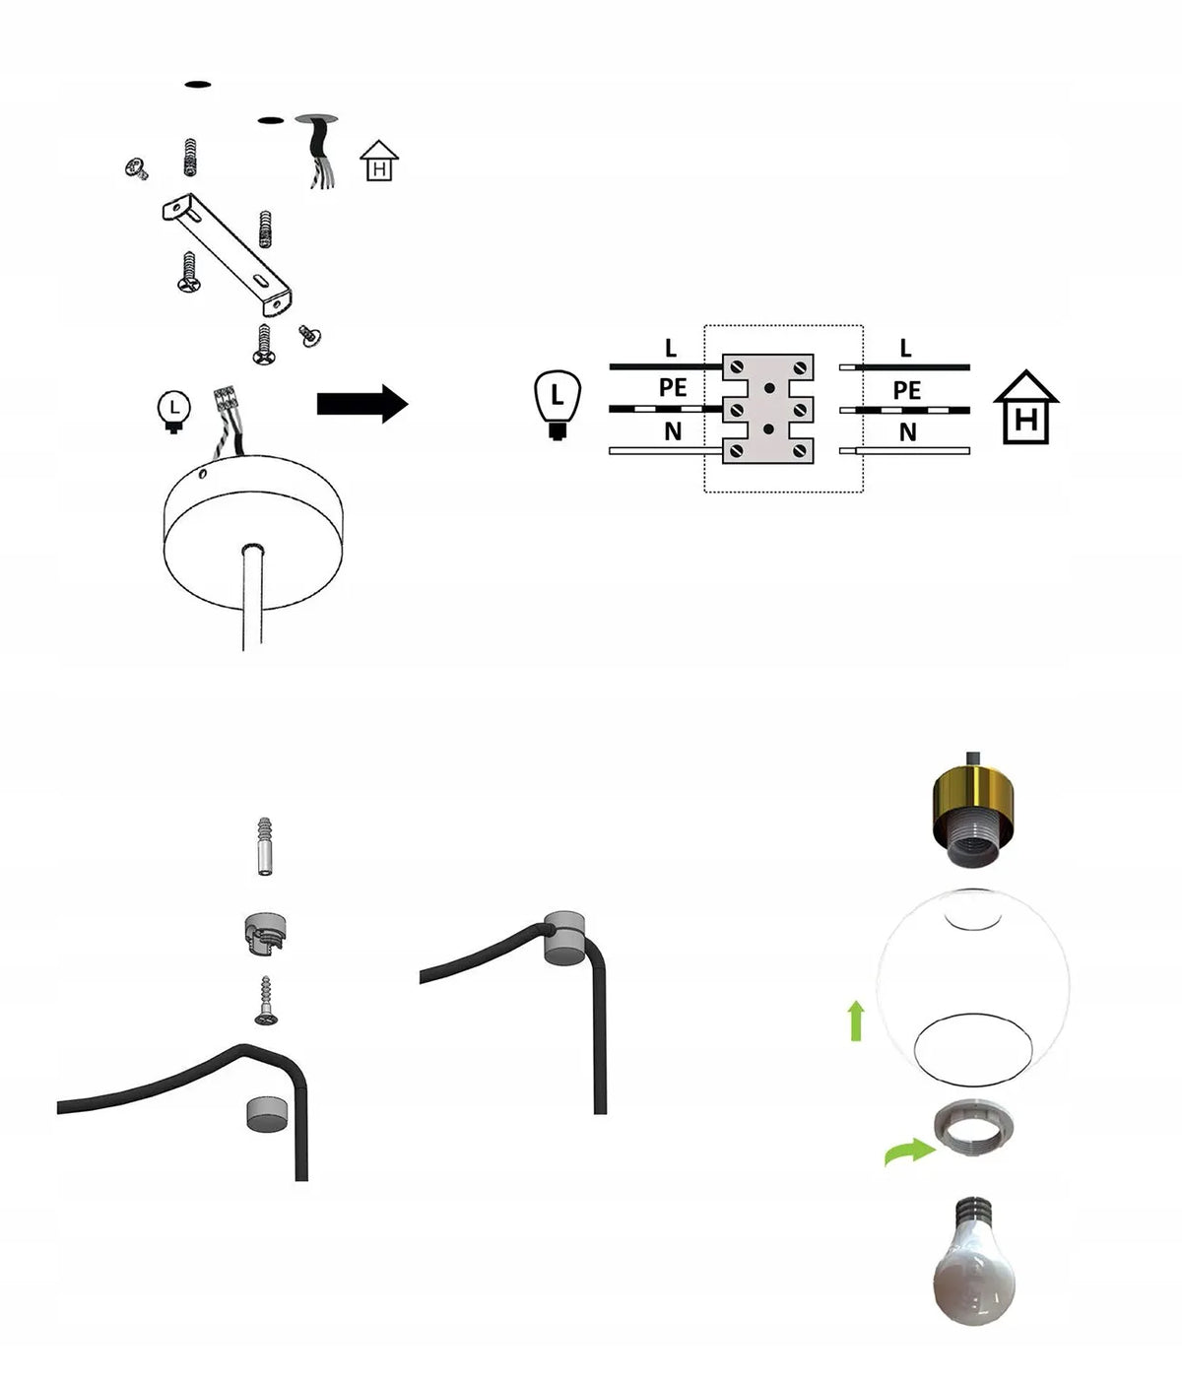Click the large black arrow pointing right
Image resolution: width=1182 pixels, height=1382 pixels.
pos(362,404)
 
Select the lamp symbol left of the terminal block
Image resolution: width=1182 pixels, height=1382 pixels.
pos(558,405)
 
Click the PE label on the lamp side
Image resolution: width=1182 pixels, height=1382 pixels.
pos(673,387)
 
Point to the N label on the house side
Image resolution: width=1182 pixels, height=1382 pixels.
pos(907,432)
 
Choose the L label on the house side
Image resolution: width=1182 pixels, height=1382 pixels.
pos(905,348)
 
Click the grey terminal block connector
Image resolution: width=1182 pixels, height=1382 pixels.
pos(768,409)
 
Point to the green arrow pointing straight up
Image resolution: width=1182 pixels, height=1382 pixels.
pos(856,1020)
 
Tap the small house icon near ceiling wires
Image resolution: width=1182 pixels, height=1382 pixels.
pos(379,161)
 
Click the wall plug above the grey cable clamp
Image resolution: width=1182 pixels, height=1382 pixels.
pos(265,846)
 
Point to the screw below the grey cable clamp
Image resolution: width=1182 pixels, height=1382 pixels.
pos(266,1000)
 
